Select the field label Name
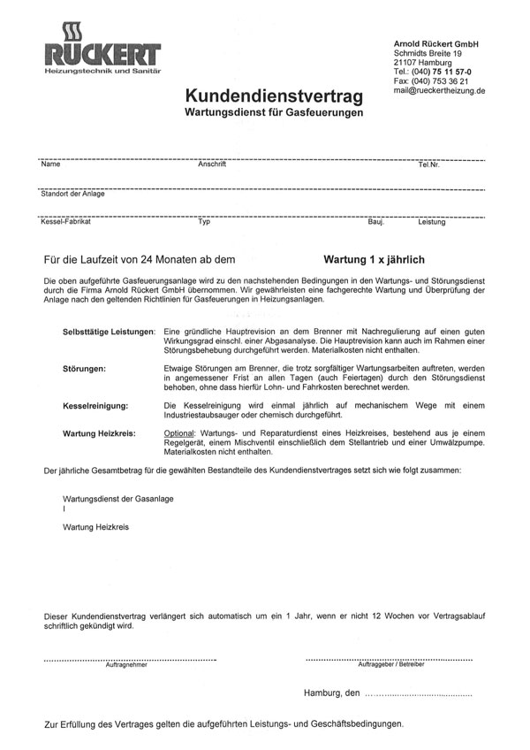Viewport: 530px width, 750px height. pyautogui.click(x=50, y=165)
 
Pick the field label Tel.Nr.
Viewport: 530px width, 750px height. pyautogui.click(x=428, y=165)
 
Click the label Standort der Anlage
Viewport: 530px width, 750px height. pyautogui.click(x=73, y=194)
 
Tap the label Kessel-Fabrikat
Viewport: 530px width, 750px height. pyautogui.click(x=66, y=223)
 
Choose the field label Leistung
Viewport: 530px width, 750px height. pyautogui.click(x=432, y=223)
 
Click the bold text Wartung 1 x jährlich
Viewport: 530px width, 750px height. pyautogui.click(x=375, y=261)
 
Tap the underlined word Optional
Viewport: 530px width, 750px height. pyautogui.click(x=183, y=433)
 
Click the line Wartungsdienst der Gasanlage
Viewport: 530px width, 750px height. pyautogui.click(x=117, y=500)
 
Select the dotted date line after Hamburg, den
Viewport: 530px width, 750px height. pyautogui.click(x=426, y=694)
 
